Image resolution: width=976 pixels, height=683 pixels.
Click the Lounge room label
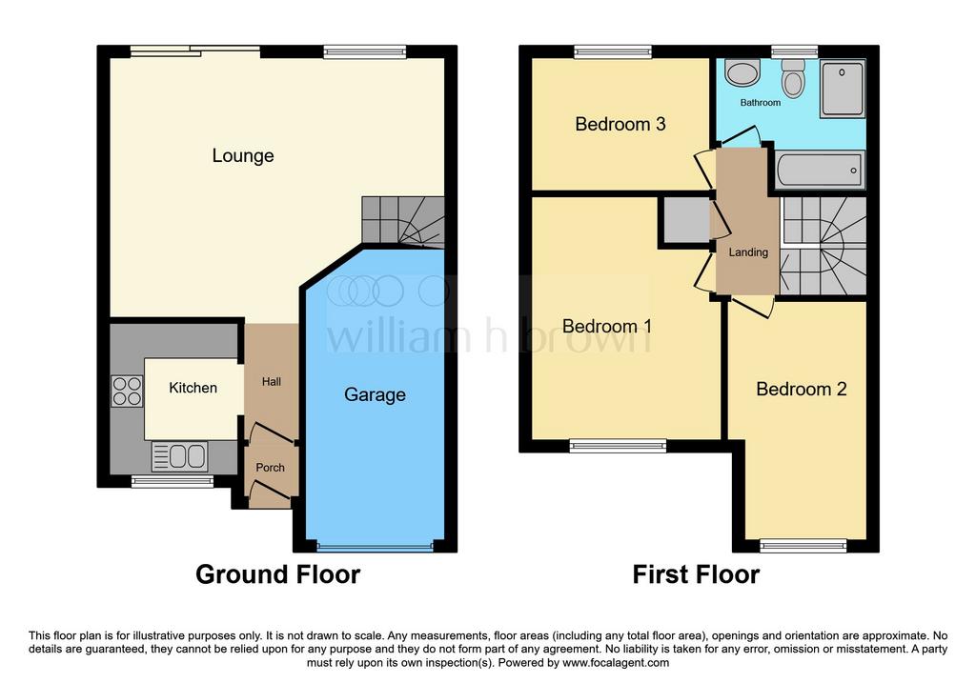coord(243,155)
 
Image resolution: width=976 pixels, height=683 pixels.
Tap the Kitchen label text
coord(193,388)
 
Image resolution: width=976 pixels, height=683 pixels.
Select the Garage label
coord(375,395)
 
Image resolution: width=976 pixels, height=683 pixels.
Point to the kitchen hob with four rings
coord(127,392)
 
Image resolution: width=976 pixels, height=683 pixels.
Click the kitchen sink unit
coord(180,456)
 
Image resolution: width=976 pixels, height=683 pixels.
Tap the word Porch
coord(270,467)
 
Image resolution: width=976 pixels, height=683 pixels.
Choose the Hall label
coord(272,381)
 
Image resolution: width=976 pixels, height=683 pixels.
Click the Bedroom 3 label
coord(620,125)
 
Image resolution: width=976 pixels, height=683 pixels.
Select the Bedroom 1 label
coord(607,326)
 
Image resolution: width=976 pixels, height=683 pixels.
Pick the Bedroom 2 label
coord(801,390)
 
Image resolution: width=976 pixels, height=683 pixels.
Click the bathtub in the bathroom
coord(821,170)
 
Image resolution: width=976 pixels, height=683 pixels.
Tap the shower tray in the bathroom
coord(843,89)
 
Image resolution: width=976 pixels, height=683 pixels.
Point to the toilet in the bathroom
coord(793,78)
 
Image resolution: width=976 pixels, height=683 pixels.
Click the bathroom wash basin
coord(742,72)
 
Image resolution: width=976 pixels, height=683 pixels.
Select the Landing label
coord(748,251)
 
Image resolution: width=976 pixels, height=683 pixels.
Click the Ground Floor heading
coord(277,574)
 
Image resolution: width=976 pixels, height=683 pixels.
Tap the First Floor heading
coord(696,574)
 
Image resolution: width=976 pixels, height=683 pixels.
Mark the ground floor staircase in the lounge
coord(403,222)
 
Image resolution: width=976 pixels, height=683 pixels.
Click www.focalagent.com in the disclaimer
coord(616,662)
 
